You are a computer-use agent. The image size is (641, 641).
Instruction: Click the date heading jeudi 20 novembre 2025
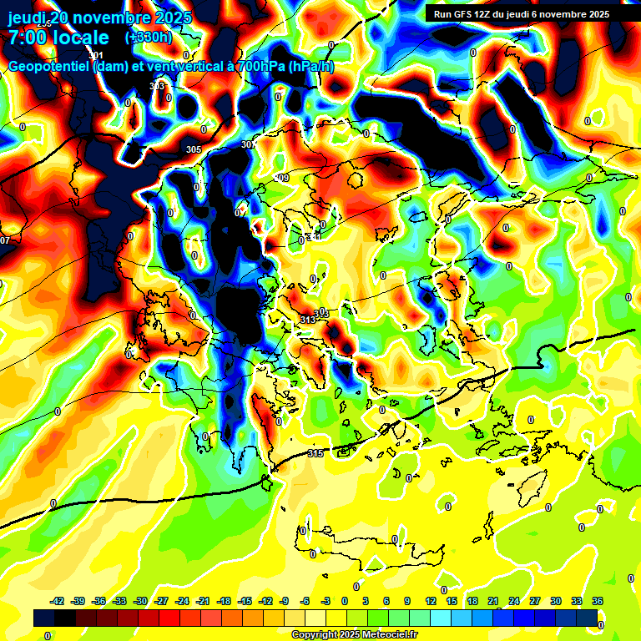coord(99,18)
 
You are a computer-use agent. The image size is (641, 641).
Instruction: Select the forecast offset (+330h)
coord(149,38)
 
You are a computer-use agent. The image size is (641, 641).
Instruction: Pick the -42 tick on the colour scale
coord(58,601)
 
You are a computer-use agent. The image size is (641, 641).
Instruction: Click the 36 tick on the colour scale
coord(598,601)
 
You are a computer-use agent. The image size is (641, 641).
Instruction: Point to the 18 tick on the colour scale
coord(472,601)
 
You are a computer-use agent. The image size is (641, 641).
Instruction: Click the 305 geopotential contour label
coord(194,149)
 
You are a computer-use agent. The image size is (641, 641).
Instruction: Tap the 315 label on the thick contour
coord(315,453)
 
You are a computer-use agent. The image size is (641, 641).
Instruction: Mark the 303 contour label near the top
coord(157,87)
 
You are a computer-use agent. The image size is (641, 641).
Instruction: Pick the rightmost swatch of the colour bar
coord(587,618)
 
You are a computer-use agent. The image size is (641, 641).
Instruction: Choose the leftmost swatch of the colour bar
coord(44,618)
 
